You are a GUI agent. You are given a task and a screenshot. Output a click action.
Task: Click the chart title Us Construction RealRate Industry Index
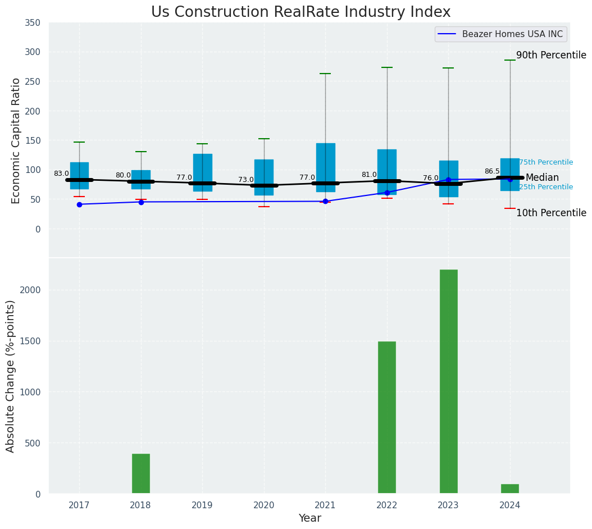pos(300,12)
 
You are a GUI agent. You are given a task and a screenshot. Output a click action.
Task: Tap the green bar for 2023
pos(448,381)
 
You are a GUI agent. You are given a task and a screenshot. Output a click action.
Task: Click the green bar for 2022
pos(387,417)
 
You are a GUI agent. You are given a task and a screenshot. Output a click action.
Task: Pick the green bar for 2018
pos(141,473)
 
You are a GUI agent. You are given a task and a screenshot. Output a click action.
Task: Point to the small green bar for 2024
pos(510,489)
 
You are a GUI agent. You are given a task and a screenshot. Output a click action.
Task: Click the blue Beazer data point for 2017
pos(79,204)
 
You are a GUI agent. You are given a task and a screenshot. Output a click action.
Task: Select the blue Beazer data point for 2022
pos(387,193)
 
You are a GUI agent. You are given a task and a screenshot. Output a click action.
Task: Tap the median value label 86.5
pos(492,171)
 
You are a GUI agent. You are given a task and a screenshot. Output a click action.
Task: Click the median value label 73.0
pos(246,180)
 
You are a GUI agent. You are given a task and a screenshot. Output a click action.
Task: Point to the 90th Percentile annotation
pos(551,55)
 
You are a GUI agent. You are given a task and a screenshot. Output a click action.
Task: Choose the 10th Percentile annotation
pos(551,213)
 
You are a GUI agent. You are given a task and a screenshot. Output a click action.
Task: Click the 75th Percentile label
pos(546,162)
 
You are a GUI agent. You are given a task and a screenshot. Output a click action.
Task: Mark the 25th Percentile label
pos(546,187)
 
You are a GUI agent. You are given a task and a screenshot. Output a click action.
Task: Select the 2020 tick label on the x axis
pos(264,505)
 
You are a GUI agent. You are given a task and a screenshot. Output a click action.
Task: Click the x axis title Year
pos(309,518)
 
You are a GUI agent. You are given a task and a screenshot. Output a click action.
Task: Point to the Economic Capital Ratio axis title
pos(16,140)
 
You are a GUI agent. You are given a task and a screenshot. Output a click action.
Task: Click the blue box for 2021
pos(325,167)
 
